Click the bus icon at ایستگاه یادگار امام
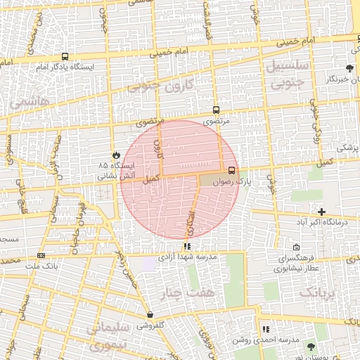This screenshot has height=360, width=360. tap(65, 57)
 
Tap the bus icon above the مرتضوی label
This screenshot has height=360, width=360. tap(216, 110)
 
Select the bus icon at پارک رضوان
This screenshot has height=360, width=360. tap(232, 169)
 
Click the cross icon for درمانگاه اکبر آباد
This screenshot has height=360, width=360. tap(321, 212)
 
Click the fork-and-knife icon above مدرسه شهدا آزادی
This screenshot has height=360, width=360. tap(187, 246)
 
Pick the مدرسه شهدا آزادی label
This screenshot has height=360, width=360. tap(190, 257)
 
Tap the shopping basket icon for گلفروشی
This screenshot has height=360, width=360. tap(150, 315)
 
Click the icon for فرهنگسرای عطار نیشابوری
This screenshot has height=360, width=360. tap(296, 247)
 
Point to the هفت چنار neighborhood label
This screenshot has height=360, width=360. tap(181, 291)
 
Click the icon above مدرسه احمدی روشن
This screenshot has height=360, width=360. tap(265, 328)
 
